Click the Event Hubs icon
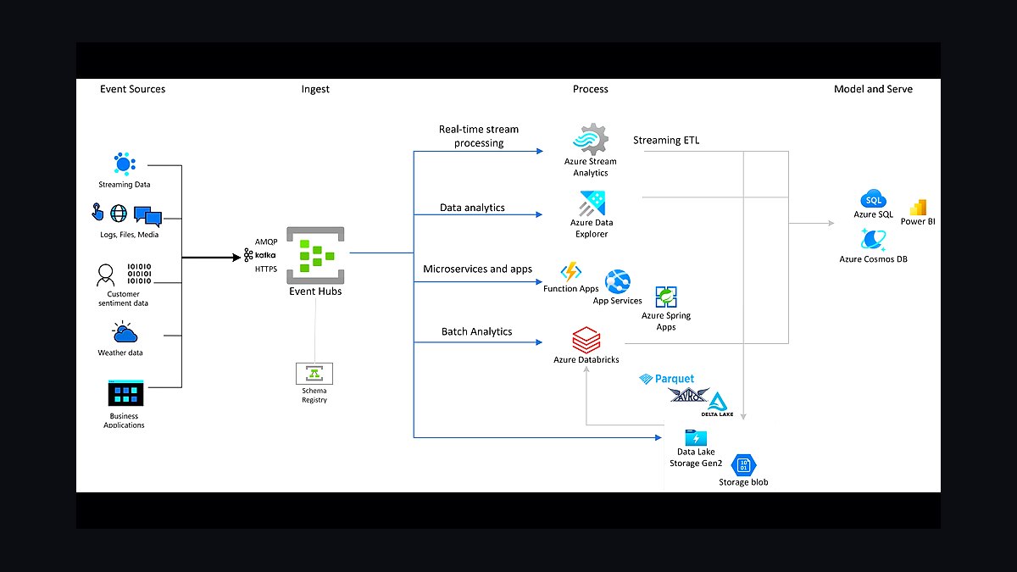point(315,255)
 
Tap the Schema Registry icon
point(314,373)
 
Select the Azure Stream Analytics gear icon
point(591,139)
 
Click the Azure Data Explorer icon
point(592,203)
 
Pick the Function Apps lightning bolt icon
point(570,271)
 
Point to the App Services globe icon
point(618,281)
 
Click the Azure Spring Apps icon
point(666,297)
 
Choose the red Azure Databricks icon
point(586,340)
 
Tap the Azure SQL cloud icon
point(873,199)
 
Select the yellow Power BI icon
point(918,207)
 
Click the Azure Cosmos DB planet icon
point(873,239)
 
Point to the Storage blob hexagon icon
point(743,465)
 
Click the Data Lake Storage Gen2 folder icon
point(696,437)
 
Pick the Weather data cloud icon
point(125,332)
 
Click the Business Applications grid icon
point(125,393)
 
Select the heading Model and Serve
point(873,89)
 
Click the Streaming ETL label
point(666,141)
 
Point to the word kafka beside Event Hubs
point(265,255)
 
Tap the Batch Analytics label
point(476,332)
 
